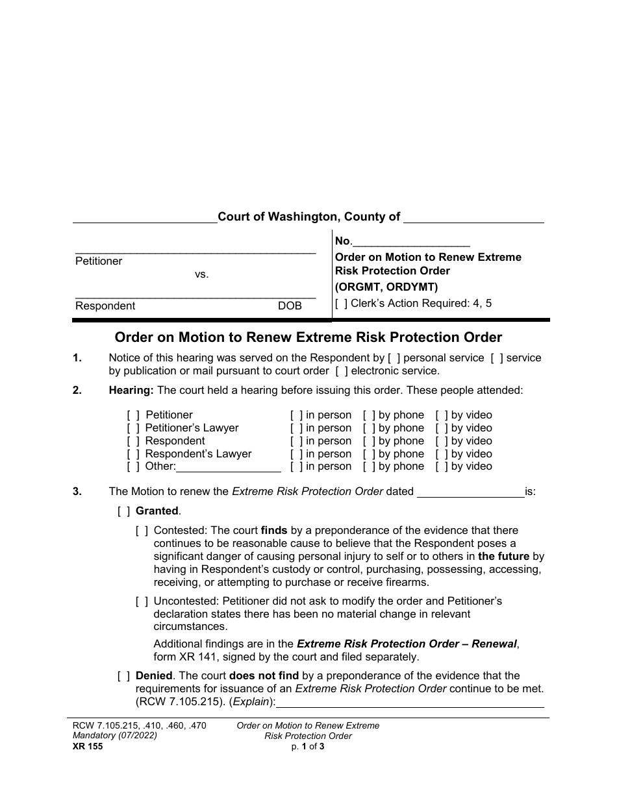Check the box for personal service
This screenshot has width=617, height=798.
392,358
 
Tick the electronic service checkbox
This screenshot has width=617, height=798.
341,371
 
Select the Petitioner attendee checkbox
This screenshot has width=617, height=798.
133,415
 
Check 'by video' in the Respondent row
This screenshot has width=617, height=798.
440,441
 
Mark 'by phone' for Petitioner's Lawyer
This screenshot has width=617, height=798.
368,428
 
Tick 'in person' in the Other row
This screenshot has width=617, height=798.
296,466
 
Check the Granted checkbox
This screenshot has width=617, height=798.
123,511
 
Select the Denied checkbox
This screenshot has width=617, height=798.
123,676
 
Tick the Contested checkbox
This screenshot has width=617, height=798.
142,531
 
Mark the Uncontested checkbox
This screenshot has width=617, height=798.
142,601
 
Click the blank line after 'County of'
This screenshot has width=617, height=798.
473,219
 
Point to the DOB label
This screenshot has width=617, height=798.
290,306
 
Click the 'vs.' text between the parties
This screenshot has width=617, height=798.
201,274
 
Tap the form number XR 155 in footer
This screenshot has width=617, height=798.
85,746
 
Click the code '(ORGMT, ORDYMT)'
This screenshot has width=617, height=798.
386,287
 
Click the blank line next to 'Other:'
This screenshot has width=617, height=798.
229,467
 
